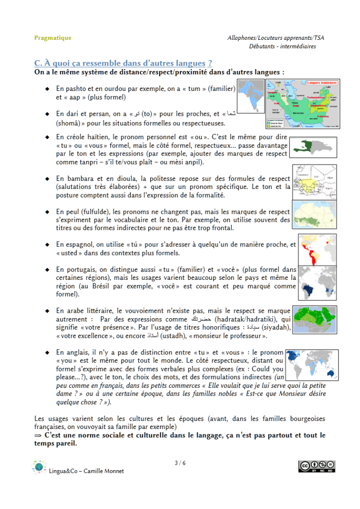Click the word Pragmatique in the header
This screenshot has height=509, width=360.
(x=53, y=38)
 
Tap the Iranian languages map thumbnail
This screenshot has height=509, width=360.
(x=302, y=104)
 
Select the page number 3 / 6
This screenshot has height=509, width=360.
(x=180, y=463)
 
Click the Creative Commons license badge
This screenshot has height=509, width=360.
(x=316, y=466)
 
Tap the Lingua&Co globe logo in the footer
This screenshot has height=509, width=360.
(x=38, y=468)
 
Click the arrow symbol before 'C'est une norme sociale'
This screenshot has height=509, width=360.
(x=38, y=435)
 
